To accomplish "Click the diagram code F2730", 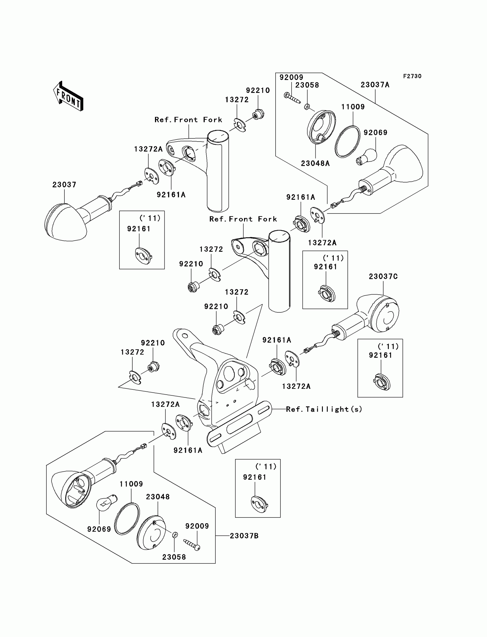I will click(412, 76).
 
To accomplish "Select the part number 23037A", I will click(375, 85).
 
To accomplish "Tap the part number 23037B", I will click(244, 536).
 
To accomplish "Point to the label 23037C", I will click(383, 277).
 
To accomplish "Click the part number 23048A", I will click(315, 164).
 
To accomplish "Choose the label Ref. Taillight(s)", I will click(324, 409).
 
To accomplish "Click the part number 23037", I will click(64, 185).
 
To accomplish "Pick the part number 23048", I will click(158, 497).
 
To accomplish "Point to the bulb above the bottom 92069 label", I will click(106, 503).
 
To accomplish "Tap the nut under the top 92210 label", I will click(258, 114).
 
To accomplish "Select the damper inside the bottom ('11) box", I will click(259, 503).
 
